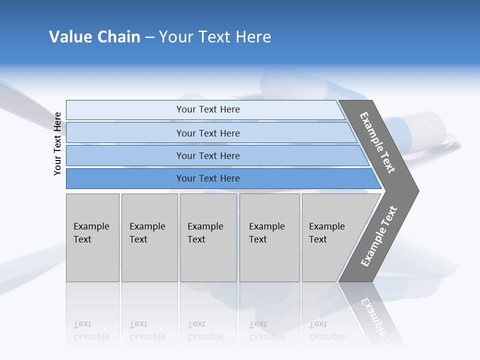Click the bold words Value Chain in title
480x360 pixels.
click(x=94, y=37)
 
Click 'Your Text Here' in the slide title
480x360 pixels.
click(x=215, y=37)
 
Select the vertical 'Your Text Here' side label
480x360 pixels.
click(x=57, y=143)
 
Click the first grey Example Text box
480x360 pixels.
click(x=92, y=238)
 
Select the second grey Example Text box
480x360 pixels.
click(x=149, y=238)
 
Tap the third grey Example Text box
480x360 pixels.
click(x=208, y=238)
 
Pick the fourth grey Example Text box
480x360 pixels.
click(x=269, y=238)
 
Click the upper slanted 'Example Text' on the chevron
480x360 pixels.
click(x=377, y=142)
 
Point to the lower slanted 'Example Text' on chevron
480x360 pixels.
click(x=379, y=236)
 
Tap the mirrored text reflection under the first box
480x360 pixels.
click(x=91, y=330)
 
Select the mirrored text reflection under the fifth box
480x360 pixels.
click(x=326, y=330)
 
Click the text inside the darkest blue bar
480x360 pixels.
click(x=208, y=178)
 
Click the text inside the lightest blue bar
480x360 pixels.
click(x=208, y=109)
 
